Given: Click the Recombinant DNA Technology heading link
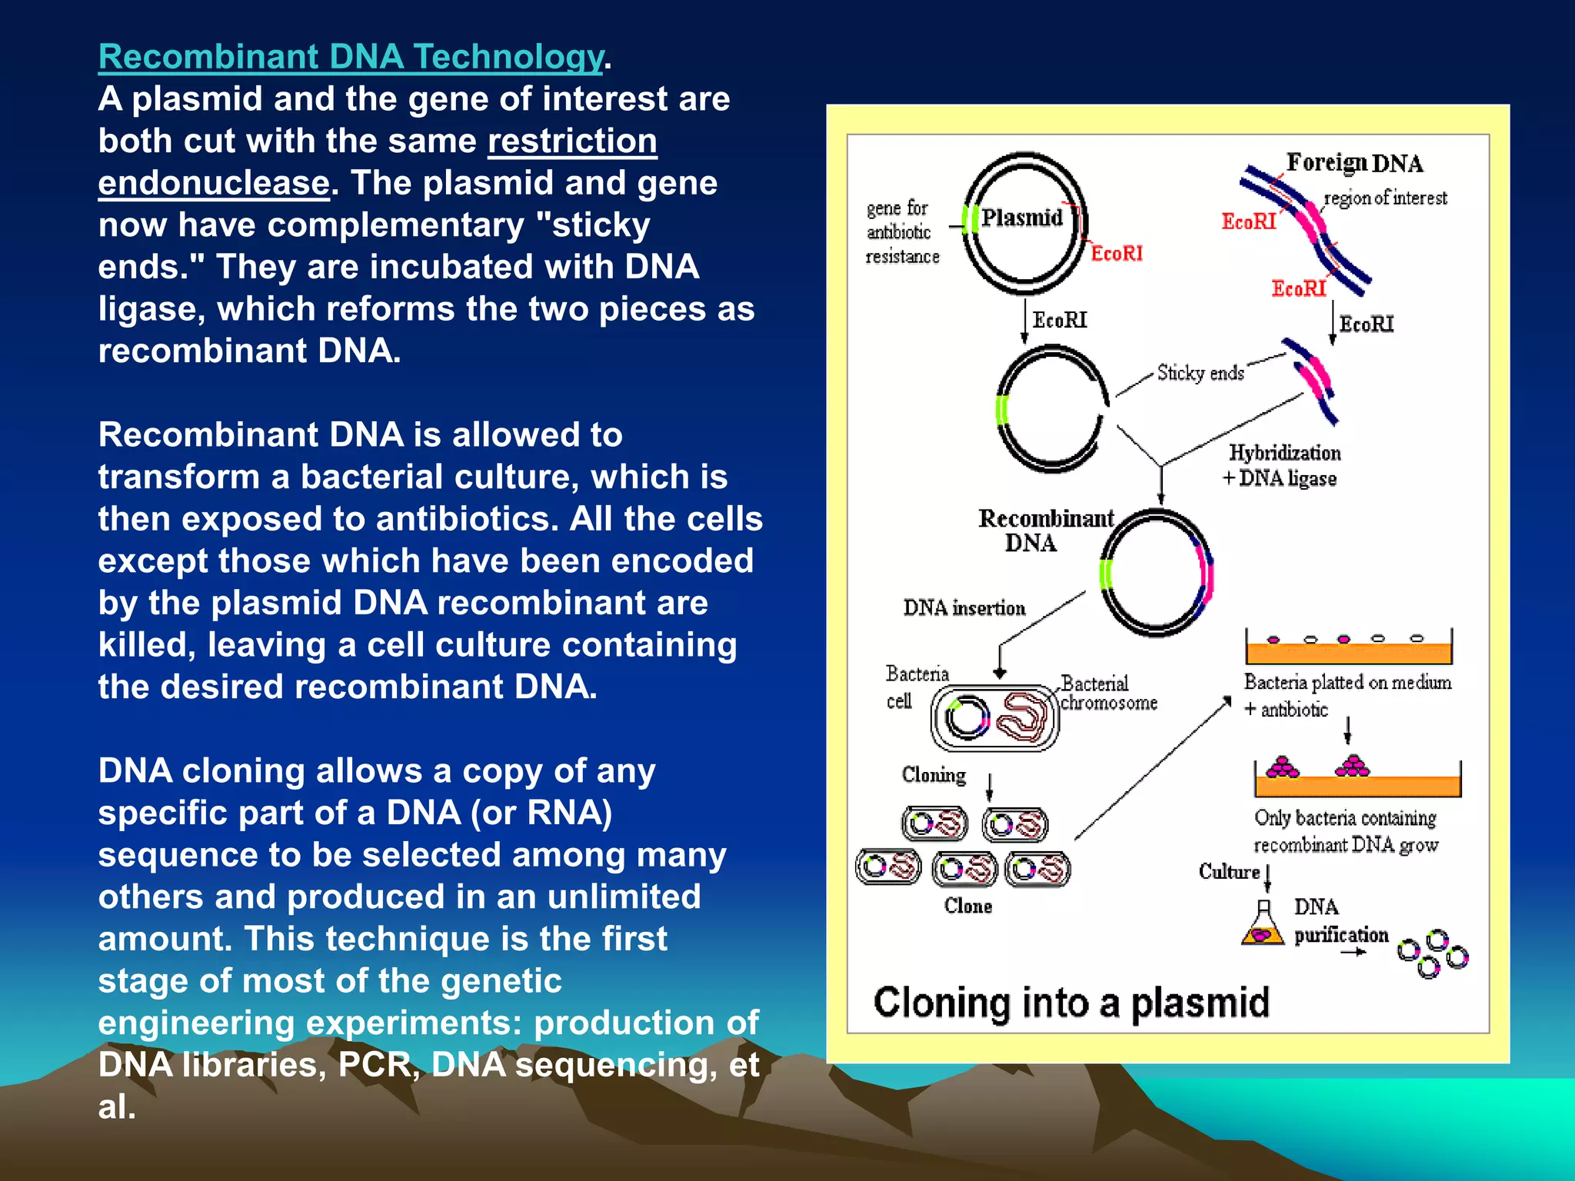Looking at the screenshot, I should click(x=351, y=58).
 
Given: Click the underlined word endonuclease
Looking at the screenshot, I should click(x=214, y=184).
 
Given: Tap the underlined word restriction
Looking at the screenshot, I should click(x=572, y=141).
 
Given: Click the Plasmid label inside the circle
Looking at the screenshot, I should click(x=1022, y=218).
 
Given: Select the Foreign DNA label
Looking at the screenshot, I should click(x=1354, y=163).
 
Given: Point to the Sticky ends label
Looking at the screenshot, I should click(x=1200, y=373).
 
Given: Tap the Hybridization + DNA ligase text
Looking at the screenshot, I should click(x=1282, y=466).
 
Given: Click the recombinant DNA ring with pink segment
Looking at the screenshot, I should click(x=1157, y=574).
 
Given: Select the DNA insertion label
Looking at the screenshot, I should click(x=964, y=608).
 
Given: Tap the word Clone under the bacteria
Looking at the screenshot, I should click(x=967, y=907).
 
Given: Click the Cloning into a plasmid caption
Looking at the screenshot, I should click(x=1071, y=1003).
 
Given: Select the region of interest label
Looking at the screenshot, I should click(x=1385, y=198).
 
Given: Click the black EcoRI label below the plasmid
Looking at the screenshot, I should click(x=1059, y=320).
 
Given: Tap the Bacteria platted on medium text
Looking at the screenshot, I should click(x=1347, y=683).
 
